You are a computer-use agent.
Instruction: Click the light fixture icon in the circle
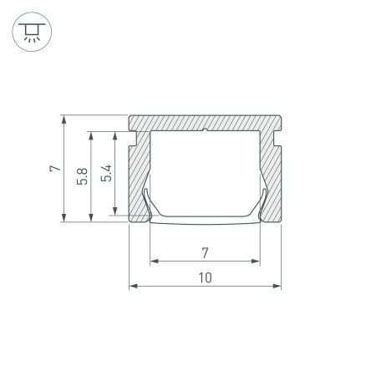pyautogui.click(x=31, y=31)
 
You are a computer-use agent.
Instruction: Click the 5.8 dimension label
pyautogui.click(x=80, y=176)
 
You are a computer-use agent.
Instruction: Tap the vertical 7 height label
pyautogui.click(x=53, y=169)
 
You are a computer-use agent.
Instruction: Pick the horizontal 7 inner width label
pyautogui.click(x=205, y=251)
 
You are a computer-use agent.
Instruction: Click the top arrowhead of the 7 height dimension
pyautogui.click(x=64, y=119)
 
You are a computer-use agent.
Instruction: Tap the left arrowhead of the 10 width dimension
pyautogui.click(x=132, y=287)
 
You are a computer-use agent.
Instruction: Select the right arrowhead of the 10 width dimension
pyautogui.click(x=277, y=287)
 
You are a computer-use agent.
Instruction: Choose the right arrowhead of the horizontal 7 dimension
pyautogui.click(x=257, y=261)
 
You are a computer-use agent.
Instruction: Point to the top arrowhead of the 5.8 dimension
pyautogui.click(x=89, y=133)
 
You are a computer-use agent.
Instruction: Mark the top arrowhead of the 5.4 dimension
pyautogui.click(x=115, y=133)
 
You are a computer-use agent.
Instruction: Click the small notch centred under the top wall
pyautogui.click(x=205, y=130)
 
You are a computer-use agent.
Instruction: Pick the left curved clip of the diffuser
pyautogui.click(x=145, y=201)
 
